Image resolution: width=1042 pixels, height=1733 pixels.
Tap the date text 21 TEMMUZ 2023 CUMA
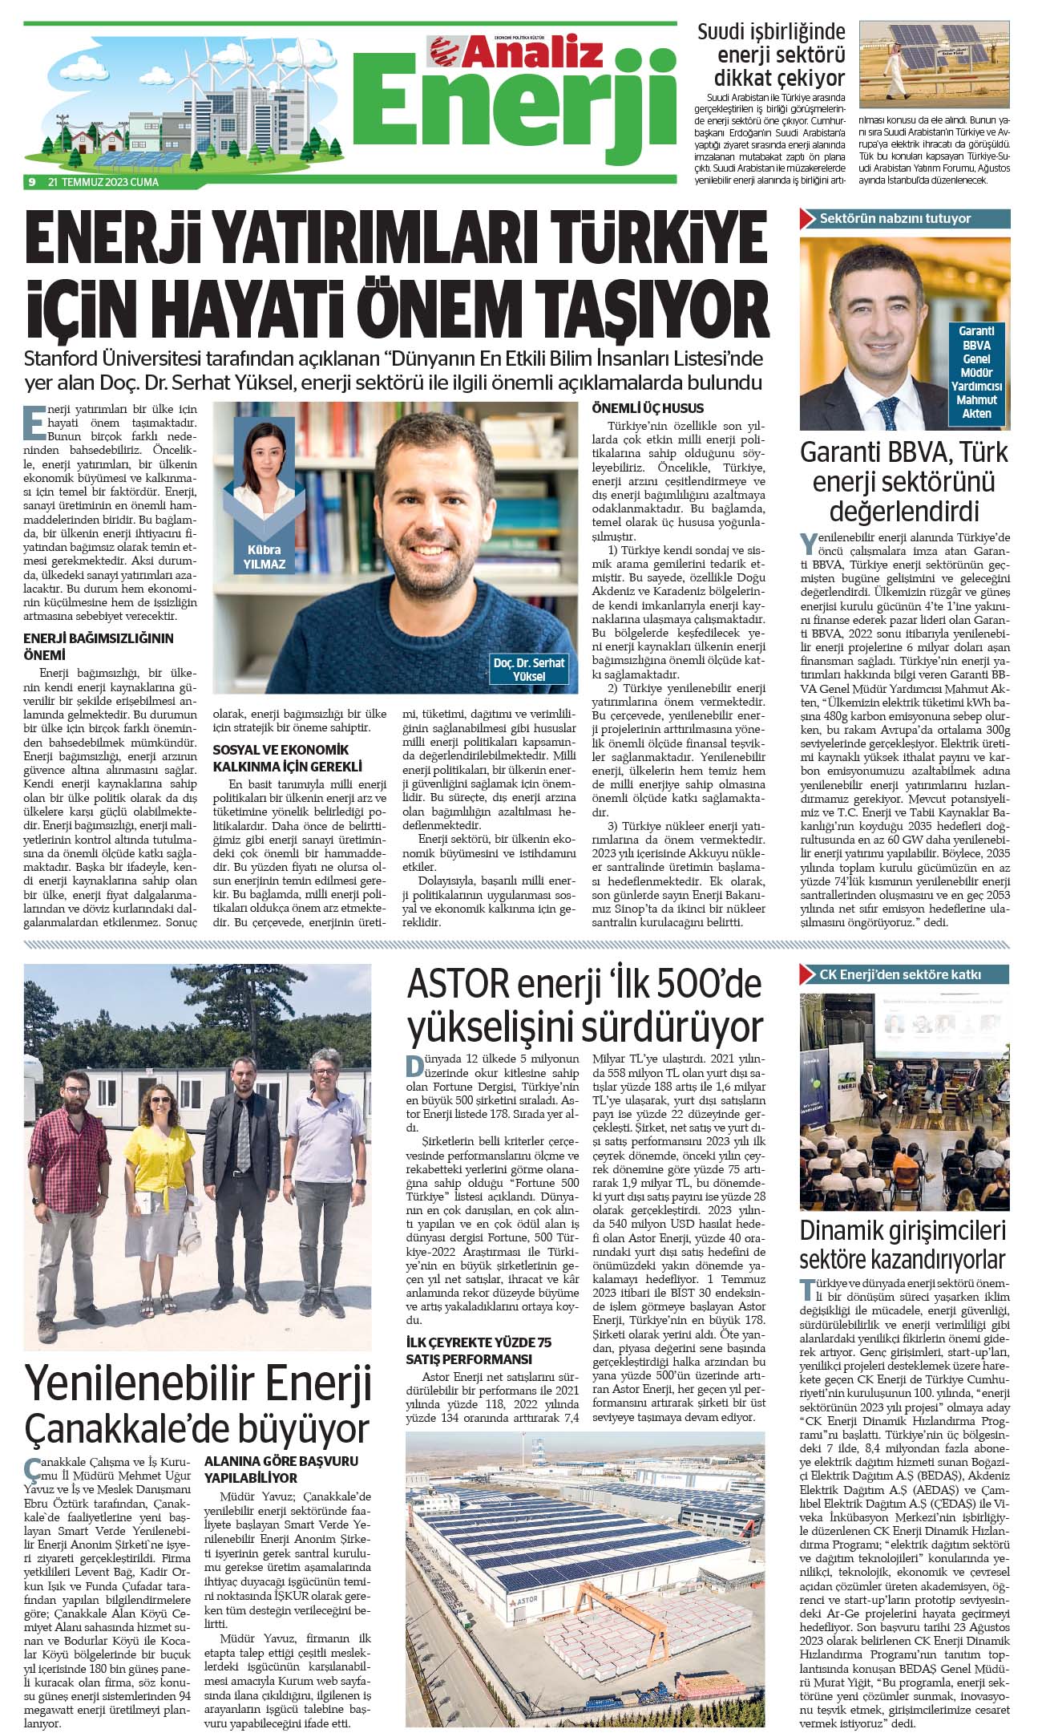coord(103,182)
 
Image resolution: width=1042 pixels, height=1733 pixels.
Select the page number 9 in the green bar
coord(31,182)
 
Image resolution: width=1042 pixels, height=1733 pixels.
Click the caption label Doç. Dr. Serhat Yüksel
coord(528,669)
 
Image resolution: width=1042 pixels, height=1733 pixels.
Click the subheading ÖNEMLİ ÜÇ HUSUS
coord(647,407)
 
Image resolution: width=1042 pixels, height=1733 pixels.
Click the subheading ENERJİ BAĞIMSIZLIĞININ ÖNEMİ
coord(98,646)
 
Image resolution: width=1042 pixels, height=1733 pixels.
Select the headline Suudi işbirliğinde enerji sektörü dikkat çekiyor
coord(771,55)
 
